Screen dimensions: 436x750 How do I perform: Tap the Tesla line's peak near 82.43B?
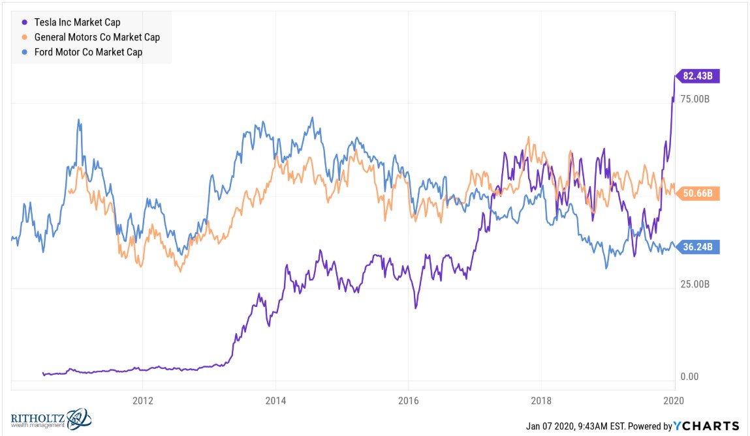(674, 76)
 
